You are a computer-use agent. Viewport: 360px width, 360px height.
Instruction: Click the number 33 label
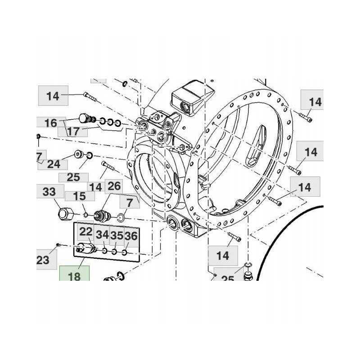coord(49,192)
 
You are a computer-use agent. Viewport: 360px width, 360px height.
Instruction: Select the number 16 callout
coord(51,122)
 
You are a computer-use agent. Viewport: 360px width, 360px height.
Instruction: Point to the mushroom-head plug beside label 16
coord(84,118)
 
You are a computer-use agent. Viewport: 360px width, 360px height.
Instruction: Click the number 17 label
coord(73,131)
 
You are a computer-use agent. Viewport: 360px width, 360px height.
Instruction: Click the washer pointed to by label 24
coord(79,154)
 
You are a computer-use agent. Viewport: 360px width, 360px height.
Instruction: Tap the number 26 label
coord(114,185)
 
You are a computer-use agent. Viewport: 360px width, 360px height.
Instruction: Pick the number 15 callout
coord(79,197)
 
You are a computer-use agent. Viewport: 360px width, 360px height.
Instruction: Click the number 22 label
coord(86,232)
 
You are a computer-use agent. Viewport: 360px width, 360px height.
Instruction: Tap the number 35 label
coord(117,235)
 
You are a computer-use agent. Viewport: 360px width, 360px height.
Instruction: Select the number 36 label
coord(130,235)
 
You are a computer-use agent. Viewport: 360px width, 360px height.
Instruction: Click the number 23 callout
coord(43,260)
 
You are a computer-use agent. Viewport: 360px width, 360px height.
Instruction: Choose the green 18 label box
coord(74,275)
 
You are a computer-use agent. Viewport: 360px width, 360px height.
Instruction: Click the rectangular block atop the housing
coord(191,99)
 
